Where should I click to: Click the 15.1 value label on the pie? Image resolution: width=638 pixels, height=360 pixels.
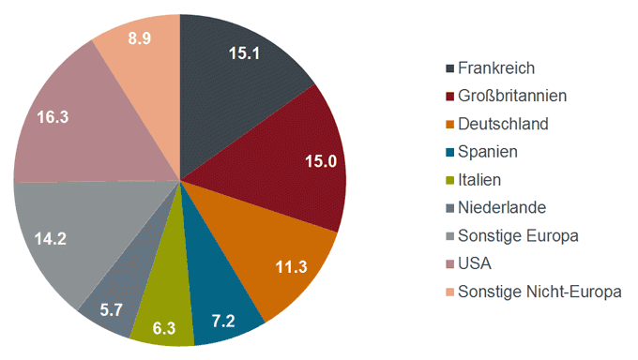tap(245, 53)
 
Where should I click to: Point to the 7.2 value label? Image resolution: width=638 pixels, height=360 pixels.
tap(223, 321)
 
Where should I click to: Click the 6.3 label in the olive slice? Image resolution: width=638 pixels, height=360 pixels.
tap(163, 328)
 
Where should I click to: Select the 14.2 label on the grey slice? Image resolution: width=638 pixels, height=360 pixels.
tap(50, 239)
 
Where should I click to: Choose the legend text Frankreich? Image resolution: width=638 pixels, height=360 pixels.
tap(496, 67)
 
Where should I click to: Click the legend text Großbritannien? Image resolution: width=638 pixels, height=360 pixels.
tap(512, 96)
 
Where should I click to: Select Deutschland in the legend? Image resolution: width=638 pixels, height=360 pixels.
tap(503, 124)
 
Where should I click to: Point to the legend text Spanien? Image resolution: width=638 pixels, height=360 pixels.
tap(488, 151)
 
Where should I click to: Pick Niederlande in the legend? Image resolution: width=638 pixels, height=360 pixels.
tap(501, 207)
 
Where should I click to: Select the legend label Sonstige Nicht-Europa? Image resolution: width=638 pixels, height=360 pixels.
tap(539, 292)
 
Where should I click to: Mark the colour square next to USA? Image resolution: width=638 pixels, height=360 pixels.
tap(449, 264)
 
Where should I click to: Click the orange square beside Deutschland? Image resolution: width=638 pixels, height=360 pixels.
tap(449, 124)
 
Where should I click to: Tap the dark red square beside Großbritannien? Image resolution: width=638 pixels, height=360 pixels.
tap(449, 96)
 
